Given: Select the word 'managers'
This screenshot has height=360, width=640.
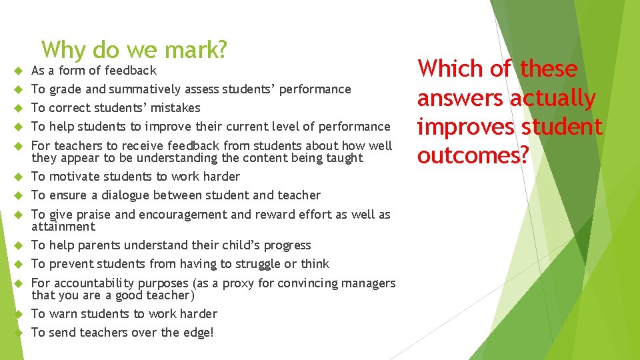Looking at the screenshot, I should point(369,283).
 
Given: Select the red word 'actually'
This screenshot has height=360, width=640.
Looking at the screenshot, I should point(553,98).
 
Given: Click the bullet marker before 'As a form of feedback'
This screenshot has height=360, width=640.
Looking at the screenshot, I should point(18,71).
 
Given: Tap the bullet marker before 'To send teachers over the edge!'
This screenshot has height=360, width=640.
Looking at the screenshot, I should point(18,333).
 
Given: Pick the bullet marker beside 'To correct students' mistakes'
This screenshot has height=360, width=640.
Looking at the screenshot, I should point(18,108).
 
